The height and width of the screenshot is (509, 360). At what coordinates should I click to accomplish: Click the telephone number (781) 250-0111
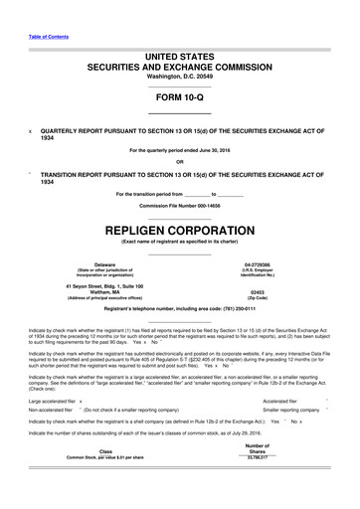coord(243,313)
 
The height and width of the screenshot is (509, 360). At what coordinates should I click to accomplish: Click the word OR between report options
coord(180,162)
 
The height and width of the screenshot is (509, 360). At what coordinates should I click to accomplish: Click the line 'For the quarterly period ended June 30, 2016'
coord(180,151)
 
